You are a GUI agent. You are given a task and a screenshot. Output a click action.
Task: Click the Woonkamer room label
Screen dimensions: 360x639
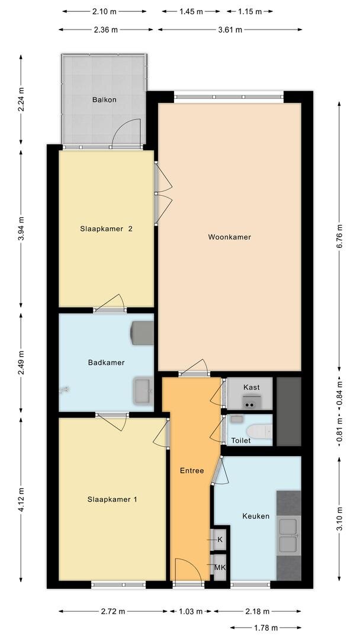(229, 237)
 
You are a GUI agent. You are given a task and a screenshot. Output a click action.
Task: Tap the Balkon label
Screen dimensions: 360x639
(104, 99)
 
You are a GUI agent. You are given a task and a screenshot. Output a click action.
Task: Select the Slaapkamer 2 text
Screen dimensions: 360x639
(106, 228)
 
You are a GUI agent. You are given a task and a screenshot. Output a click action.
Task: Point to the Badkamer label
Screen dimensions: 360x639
(106, 362)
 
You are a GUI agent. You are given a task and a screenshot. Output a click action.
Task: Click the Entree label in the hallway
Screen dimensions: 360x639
(192, 471)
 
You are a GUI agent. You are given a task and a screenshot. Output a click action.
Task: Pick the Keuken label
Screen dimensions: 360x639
(256, 516)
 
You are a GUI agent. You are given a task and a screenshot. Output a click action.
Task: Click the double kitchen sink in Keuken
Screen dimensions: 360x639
(288, 534)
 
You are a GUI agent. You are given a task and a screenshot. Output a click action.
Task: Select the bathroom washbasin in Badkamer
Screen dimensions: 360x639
(143, 391)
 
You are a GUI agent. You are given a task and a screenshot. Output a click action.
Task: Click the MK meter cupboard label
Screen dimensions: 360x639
(220, 567)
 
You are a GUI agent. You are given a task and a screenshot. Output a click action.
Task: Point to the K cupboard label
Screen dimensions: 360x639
(220, 540)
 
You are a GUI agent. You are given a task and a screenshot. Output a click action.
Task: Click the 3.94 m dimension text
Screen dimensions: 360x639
(21, 228)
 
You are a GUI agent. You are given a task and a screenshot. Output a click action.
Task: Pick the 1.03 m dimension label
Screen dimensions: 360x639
(191, 611)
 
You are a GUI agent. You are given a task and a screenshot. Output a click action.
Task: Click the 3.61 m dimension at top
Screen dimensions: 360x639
(230, 30)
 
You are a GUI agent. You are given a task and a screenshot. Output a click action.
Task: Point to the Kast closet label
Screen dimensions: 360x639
(251, 387)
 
